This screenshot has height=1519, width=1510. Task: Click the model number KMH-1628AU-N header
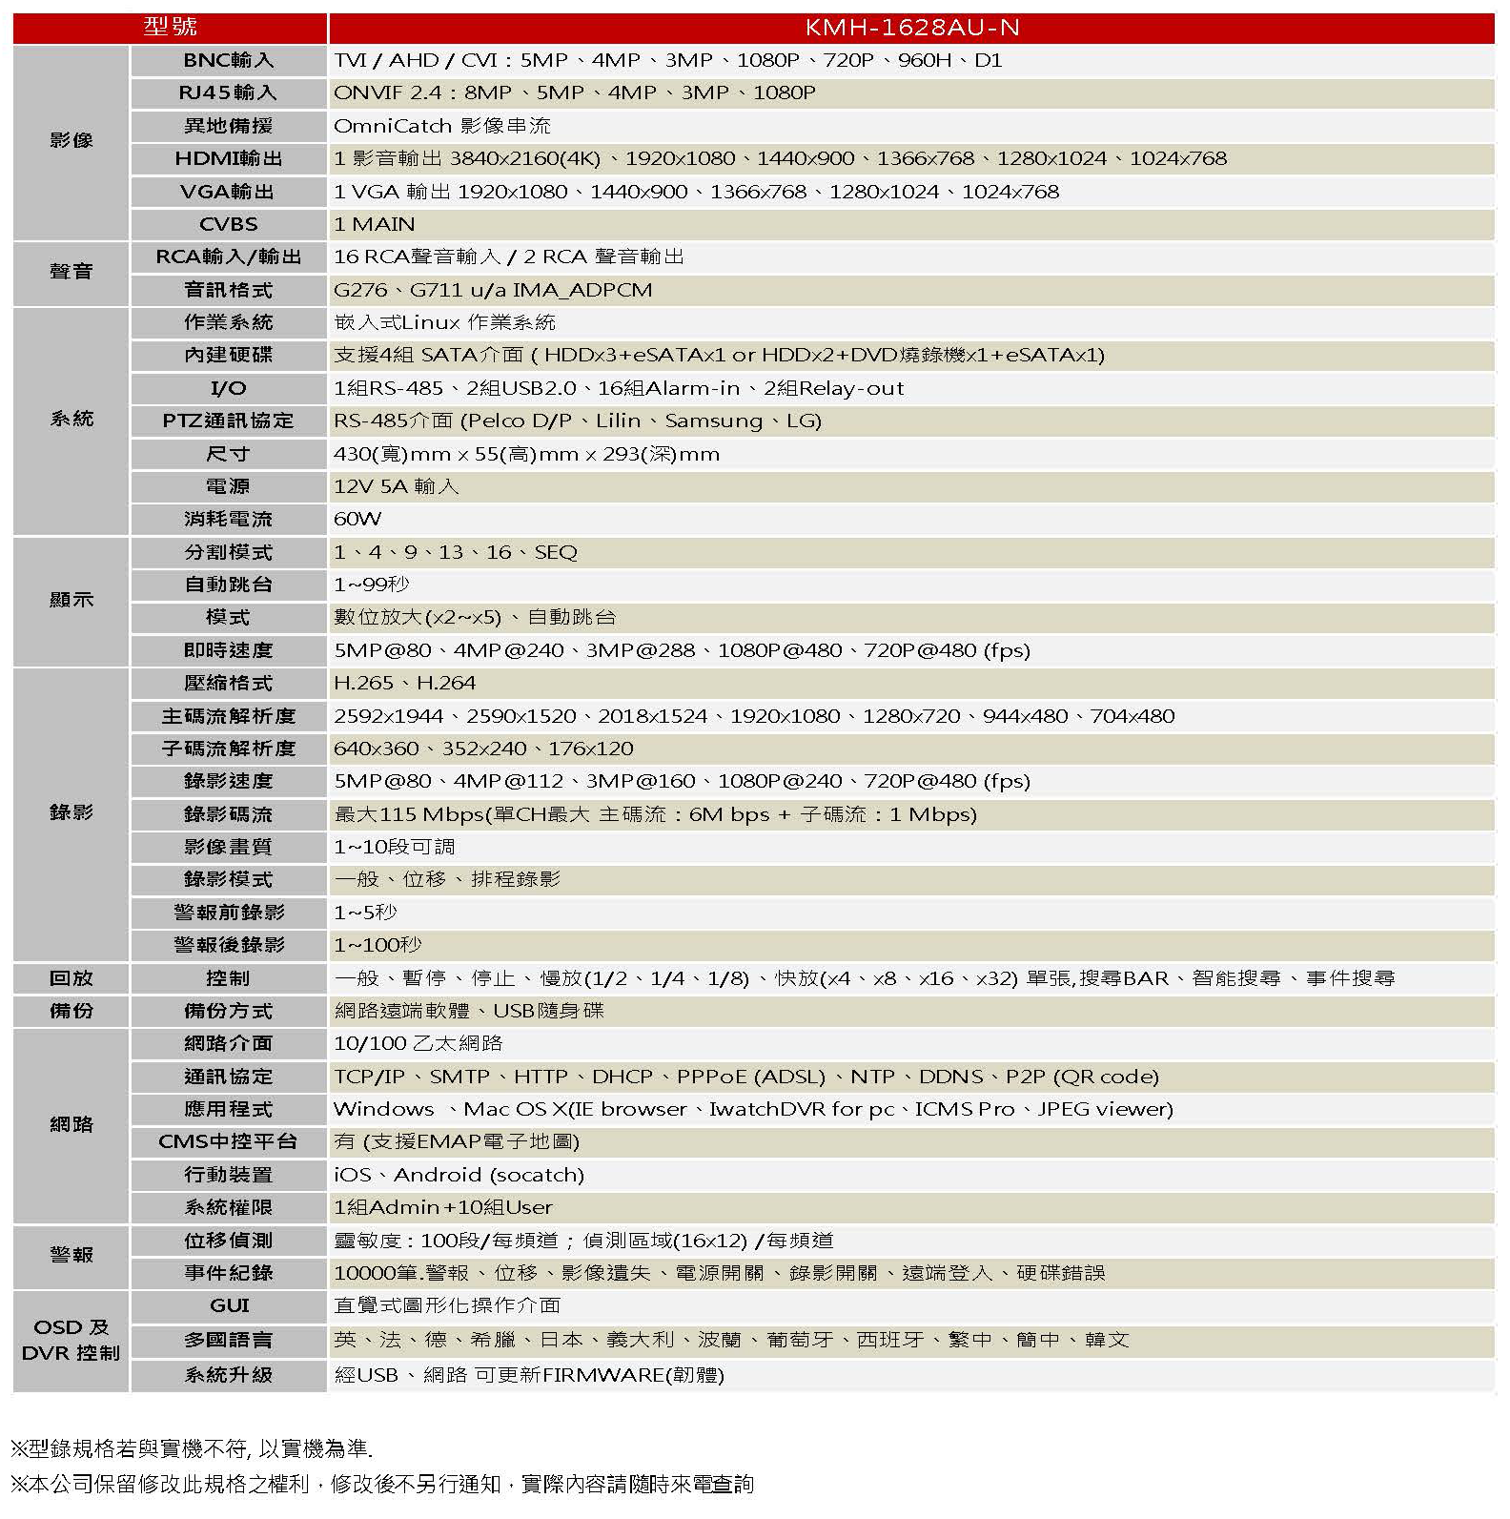pyautogui.click(x=911, y=27)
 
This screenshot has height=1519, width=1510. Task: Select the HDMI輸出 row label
pyautogui.click(x=228, y=158)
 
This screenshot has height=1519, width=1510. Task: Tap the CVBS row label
pyautogui.click(x=228, y=224)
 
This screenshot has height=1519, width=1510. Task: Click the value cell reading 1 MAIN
pyautogui.click(x=374, y=224)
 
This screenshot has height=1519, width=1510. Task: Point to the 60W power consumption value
pyautogui.click(x=357, y=519)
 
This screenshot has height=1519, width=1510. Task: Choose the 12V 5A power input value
pyautogui.click(x=396, y=486)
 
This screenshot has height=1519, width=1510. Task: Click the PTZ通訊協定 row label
pyautogui.click(x=228, y=421)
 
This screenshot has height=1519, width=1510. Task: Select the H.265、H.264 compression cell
pyautogui.click(x=404, y=683)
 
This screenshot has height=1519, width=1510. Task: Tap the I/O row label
pyautogui.click(x=228, y=388)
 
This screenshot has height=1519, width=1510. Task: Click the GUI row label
pyautogui.click(x=229, y=1305)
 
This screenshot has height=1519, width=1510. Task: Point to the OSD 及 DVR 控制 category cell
pyautogui.click(x=71, y=1340)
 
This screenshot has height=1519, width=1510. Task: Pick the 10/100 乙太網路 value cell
pyautogui.click(x=418, y=1043)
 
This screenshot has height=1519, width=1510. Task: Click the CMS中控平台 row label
pyautogui.click(x=228, y=1141)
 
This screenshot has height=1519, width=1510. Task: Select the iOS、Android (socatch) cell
pyautogui.click(x=459, y=1175)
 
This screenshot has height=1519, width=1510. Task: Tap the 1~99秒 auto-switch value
pyautogui.click(x=371, y=585)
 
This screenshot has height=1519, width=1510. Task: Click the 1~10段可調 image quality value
pyautogui.click(x=394, y=847)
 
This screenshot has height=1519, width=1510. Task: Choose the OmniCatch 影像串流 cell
pyautogui.click(x=441, y=126)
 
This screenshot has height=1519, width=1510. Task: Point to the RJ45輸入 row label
pyautogui.click(x=228, y=92)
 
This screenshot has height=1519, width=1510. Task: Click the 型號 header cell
pyautogui.click(x=171, y=27)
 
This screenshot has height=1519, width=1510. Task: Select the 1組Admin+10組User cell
pyautogui.click(x=442, y=1207)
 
